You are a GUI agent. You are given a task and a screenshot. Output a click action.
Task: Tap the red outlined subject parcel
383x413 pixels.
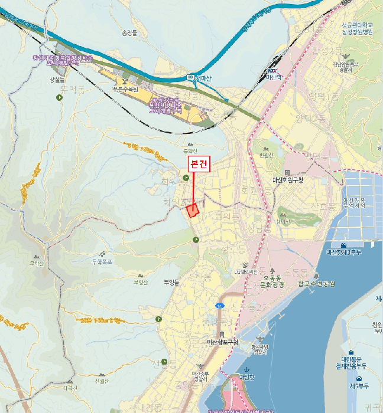pyautogui.click(x=192, y=210)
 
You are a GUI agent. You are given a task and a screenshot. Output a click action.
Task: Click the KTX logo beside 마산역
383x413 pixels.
pyautogui.click(x=265, y=71)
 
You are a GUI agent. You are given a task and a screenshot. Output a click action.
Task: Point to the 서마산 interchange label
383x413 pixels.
pyautogui.click(x=205, y=77)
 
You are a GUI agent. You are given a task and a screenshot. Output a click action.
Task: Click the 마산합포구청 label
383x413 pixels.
pyautogui.click(x=222, y=342)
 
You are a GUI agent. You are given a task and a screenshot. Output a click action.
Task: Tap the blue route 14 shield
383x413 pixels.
pyautogui.click(x=220, y=306)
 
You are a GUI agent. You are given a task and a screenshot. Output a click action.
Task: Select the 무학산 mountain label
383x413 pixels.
pyautogui.click(x=37, y=264)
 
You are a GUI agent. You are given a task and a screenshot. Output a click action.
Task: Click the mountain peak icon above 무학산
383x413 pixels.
pyautogui.click(x=37, y=257)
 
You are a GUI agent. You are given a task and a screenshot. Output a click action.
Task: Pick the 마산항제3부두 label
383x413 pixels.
pyautogui.click(x=344, y=252)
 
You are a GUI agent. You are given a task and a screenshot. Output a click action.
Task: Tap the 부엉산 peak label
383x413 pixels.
pyautogui.click(x=139, y=282)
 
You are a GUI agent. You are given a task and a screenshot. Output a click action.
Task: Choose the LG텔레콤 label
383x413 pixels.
pyautogui.click(x=245, y=271)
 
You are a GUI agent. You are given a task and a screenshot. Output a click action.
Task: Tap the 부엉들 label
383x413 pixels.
pyautogui.click(x=171, y=282)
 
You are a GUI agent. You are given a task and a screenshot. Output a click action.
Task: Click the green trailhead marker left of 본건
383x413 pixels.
pyautogui.click(x=186, y=178)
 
